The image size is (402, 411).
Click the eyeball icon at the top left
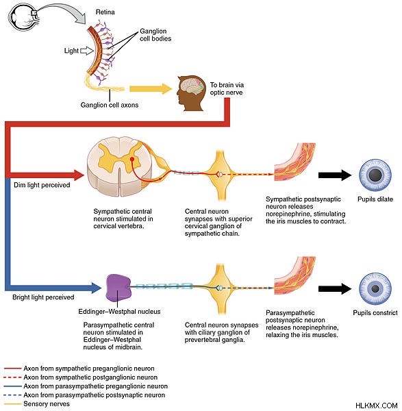click(23, 17)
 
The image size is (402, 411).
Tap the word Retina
click(105, 12)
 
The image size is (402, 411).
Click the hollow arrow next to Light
click(87, 51)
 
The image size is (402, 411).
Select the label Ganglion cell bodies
click(155, 35)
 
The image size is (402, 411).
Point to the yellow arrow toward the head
click(151, 89)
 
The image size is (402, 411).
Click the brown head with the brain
click(190, 93)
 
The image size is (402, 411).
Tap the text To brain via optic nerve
click(227, 88)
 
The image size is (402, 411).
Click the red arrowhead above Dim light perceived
click(79, 175)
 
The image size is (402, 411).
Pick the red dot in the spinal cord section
click(132, 159)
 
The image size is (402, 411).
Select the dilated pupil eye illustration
click(375, 175)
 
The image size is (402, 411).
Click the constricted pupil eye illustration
click(375, 288)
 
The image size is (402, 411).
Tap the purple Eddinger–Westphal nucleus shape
click(118, 287)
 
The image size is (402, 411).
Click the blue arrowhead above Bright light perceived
click(95, 288)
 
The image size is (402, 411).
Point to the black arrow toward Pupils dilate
click(335, 175)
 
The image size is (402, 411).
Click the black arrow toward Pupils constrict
click(335, 288)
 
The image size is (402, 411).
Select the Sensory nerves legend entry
click(37, 403)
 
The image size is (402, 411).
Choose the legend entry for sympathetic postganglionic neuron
click(81, 377)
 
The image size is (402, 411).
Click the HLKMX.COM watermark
click(376, 406)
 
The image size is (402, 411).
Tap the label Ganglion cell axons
click(110, 105)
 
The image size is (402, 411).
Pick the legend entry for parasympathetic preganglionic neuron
click(86, 386)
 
